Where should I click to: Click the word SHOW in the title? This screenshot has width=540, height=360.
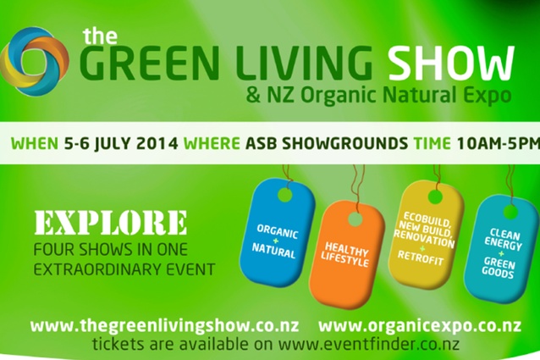pyautogui.click(x=451, y=63)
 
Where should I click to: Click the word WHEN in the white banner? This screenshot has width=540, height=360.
pyautogui.click(x=35, y=143)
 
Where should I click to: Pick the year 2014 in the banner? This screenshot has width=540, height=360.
pyautogui.click(x=157, y=143)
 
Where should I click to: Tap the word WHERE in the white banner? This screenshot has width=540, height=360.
pyautogui.click(x=212, y=143)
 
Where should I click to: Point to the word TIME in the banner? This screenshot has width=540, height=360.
pyautogui.click(x=432, y=143)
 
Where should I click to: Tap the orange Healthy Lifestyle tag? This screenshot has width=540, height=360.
pyautogui.click(x=346, y=255)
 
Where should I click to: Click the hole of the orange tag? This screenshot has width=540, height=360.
pyautogui.click(x=355, y=219)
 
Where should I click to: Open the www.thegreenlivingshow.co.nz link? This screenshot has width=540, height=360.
pyautogui.click(x=164, y=326)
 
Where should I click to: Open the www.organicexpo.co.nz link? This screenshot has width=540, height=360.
pyautogui.click(x=420, y=326)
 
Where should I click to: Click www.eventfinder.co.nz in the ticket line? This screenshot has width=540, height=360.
pyautogui.click(x=369, y=344)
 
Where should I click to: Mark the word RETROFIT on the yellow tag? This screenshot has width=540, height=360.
pyautogui.click(x=421, y=258)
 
